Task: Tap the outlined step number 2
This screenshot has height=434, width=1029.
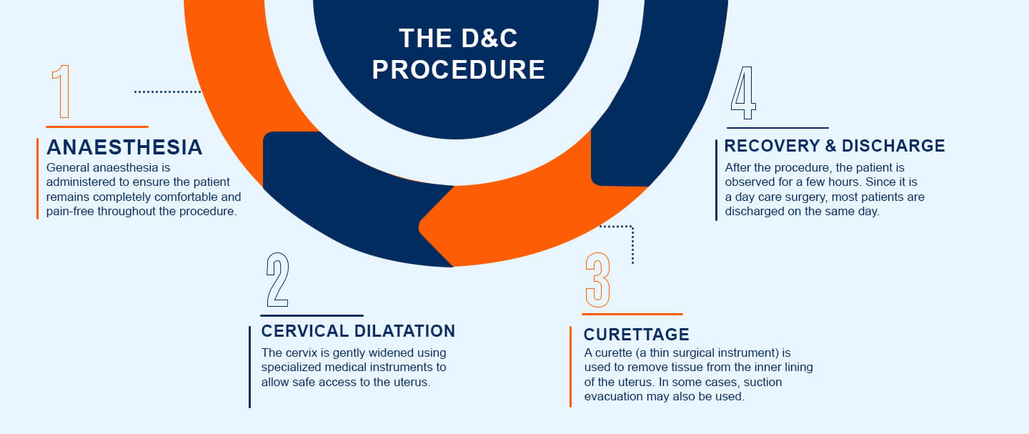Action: click(277, 280)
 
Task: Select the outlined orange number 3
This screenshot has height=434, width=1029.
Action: click(598, 280)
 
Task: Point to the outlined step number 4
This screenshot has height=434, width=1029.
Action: click(743, 94)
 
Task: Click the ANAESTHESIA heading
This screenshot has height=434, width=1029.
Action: click(124, 147)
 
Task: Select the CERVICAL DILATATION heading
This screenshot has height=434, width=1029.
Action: click(358, 331)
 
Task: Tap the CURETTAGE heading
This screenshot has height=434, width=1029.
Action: click(636, 335)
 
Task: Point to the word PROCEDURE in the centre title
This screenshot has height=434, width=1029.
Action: click(459, 69)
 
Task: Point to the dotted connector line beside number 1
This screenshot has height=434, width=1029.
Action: click(168, 92)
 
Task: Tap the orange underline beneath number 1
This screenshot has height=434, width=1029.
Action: click(96, 127)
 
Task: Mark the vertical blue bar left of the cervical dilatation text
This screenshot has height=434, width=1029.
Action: click(249, 367)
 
